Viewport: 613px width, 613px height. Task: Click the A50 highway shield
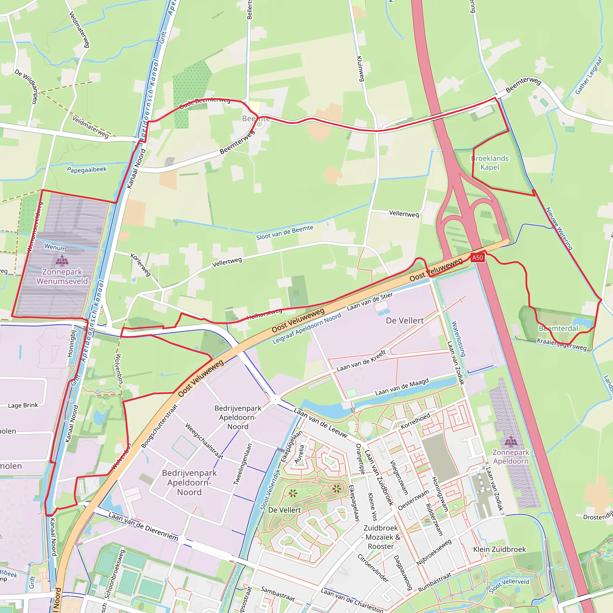477,257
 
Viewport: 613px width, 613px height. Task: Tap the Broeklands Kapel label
490,163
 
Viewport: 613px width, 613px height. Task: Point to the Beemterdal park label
559,328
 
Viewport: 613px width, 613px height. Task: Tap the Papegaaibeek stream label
87,169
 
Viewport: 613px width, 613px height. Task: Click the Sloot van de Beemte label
285,232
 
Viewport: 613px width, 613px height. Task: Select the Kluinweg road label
360,69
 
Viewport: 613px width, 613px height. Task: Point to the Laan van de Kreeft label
361,361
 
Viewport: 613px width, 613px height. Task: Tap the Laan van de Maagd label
402,387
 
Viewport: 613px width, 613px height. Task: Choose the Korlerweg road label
141,264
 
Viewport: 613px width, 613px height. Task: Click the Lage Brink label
23,405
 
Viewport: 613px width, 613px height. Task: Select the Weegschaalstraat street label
204,441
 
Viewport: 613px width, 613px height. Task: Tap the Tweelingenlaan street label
243,464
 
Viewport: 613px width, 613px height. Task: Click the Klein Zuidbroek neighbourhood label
500,549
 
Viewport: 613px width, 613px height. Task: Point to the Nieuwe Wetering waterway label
559,228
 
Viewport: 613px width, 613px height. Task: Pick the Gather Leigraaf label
588,75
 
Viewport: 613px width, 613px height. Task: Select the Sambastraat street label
278,594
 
